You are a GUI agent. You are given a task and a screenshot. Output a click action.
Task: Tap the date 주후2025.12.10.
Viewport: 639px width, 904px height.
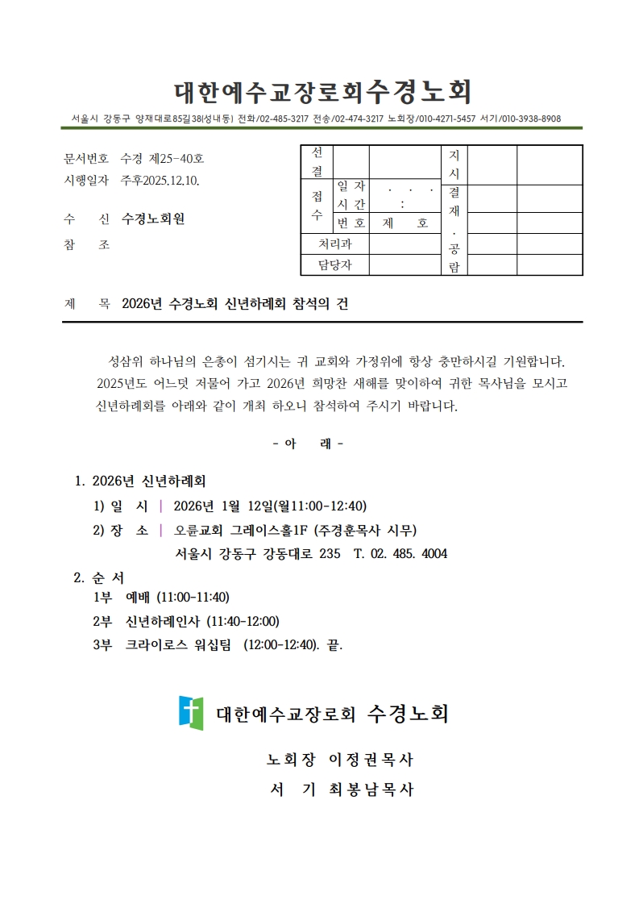click(160, 180)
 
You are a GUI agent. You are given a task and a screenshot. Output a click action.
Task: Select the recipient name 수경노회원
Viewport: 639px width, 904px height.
click(159, 219)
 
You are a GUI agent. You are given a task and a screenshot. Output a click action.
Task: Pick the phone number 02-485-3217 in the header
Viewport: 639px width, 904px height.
click(283, 119)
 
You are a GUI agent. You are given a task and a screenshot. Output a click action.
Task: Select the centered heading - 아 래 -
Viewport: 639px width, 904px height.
click(308, 444)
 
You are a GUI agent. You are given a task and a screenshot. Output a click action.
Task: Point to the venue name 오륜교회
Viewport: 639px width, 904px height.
click(199, 530)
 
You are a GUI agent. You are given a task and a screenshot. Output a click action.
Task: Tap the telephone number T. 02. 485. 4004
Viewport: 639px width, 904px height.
click(400, 554)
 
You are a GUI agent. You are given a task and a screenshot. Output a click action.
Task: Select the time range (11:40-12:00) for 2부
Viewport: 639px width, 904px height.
click(243, 621)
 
